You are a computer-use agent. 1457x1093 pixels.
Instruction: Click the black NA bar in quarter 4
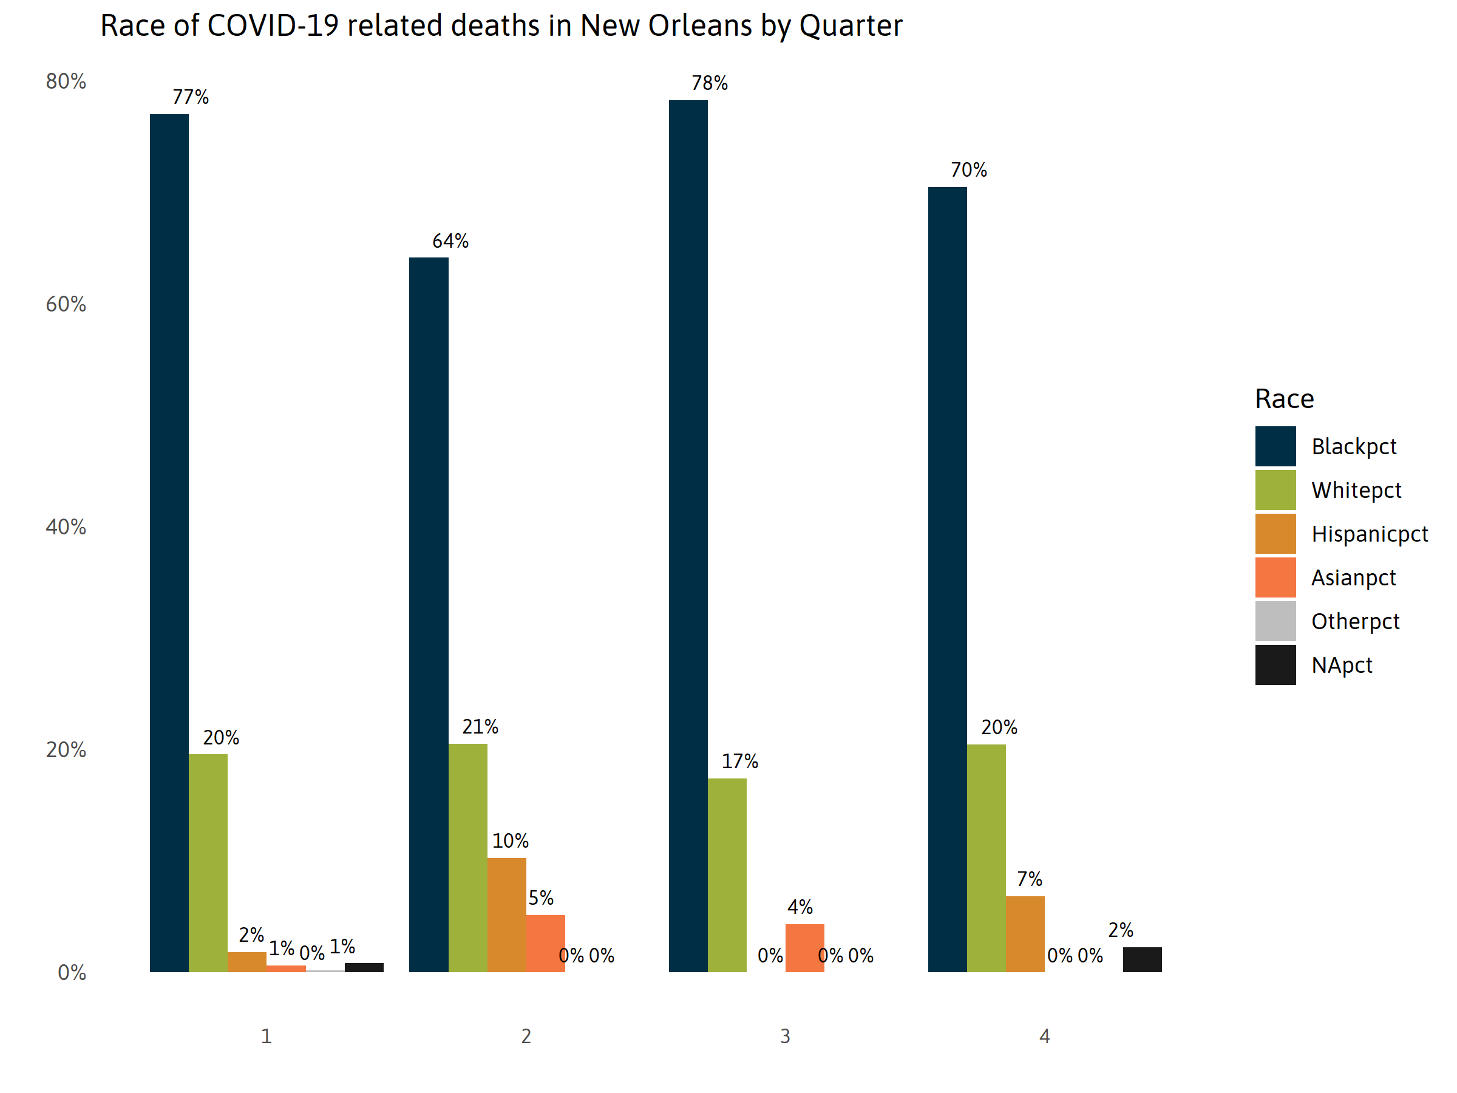pos(1141,959)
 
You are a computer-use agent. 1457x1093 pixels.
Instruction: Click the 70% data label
pos(968,170)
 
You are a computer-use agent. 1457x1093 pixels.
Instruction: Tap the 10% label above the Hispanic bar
pos(510,840)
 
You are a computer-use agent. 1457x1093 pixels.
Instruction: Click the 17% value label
pos(739,761)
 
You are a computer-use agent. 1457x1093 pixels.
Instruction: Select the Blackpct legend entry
pos(1353,447)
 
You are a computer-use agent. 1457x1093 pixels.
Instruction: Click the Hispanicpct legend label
pos(1369,534)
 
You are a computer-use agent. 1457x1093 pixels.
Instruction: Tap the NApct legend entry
pos(1341,665)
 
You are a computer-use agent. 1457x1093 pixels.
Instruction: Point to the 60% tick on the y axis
pos(66,304)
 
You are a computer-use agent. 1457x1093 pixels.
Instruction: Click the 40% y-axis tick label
pos(66,527)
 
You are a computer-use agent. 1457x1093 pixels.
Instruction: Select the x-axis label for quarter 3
pos(784,1037)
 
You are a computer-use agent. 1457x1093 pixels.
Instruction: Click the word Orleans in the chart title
pos(699,26)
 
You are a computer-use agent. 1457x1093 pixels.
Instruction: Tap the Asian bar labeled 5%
pos(545,943)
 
